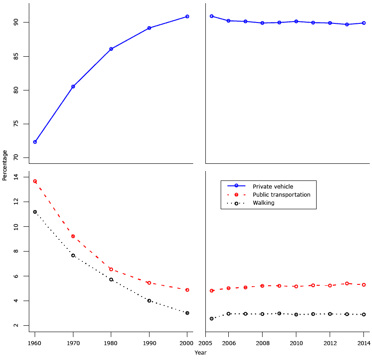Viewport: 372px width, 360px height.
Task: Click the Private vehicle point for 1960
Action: coord(35,142)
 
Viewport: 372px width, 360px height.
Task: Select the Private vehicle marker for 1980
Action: coord(111,49)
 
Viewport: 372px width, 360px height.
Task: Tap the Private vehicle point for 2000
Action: coord(187,17)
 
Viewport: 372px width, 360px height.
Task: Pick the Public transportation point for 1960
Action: coord(35,181)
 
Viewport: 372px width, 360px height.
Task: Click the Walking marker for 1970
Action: coord(73,256)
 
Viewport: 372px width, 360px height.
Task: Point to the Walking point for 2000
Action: coord(187,313)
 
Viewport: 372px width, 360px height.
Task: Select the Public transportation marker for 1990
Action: coord(149,283)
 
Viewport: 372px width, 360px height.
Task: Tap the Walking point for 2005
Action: coord(212,319)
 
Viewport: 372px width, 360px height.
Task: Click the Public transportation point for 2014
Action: coord(364,285)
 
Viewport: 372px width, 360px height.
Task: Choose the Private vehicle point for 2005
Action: coord(212,16)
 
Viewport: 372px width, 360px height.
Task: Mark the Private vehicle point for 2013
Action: coord(347,24)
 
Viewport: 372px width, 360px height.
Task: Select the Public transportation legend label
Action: coord(281,195)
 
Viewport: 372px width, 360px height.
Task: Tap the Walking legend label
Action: coord(263,203)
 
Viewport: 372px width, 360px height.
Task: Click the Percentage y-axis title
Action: coord(5,165)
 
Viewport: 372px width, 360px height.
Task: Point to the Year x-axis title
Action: coord(201,353)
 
